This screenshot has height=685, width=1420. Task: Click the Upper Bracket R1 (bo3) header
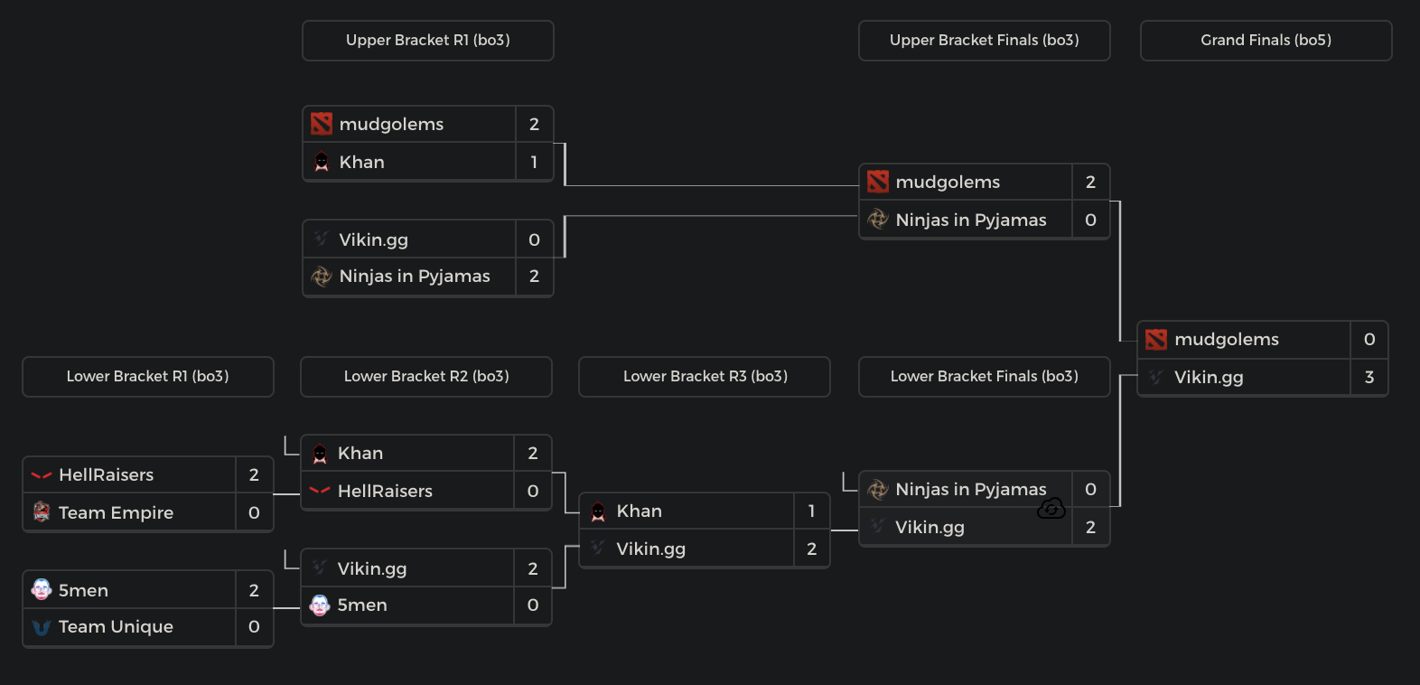coord(427,41)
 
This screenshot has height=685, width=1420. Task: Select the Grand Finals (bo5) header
coord(1266,41)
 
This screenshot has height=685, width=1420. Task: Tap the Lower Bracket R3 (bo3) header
coord(705,377)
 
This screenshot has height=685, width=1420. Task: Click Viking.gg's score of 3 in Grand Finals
coord(1369,378)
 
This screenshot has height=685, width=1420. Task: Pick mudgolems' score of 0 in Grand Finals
coord(1369,340)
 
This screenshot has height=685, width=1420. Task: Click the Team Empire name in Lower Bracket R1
coord(116,513)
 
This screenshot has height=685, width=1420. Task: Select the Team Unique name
coord(116,627)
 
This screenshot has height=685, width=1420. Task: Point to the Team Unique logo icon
coord(42,627)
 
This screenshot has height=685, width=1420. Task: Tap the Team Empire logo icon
coord(42,512)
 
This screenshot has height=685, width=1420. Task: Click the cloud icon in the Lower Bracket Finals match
coord(1051,509)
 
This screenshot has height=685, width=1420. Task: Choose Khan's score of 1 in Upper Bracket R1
coord(534,163)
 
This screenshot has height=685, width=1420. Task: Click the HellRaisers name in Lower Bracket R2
coord(385,492)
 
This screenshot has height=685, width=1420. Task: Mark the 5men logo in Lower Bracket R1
coord(42,590)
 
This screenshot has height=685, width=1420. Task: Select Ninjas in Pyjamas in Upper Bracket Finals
coord(970,221)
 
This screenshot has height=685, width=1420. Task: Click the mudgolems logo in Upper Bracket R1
coord(322,124)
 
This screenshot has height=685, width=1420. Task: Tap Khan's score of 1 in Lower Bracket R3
coord(811,511)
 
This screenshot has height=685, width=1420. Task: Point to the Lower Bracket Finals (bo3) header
coord(984,377)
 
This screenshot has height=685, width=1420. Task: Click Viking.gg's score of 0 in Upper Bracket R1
coord(534,240)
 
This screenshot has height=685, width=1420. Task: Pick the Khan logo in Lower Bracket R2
coord(320,454)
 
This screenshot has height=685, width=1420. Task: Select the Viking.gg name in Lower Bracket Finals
coord(930,528)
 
